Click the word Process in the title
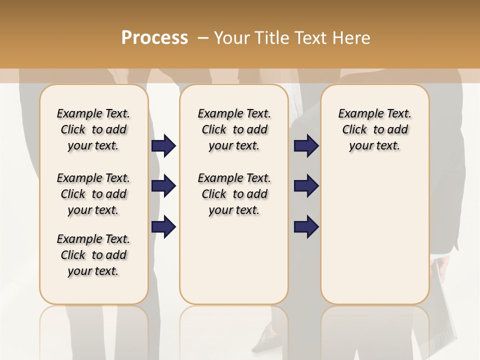click(154, 37)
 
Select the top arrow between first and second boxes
click(163, 146)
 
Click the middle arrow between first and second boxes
click(163, 186)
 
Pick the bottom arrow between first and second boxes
click(163, 227)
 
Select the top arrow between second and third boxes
click(306, 146)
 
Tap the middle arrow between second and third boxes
click(306, 186)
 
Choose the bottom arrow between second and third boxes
click(306, 227)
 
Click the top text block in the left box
click(93, 129)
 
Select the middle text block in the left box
click(93, 194)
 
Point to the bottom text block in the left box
click(93, 255)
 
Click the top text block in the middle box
click(234, 129)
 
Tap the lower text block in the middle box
click(234, 194)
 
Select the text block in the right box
click(374, 129)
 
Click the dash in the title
click(202, 37)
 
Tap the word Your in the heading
click(232, 37)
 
